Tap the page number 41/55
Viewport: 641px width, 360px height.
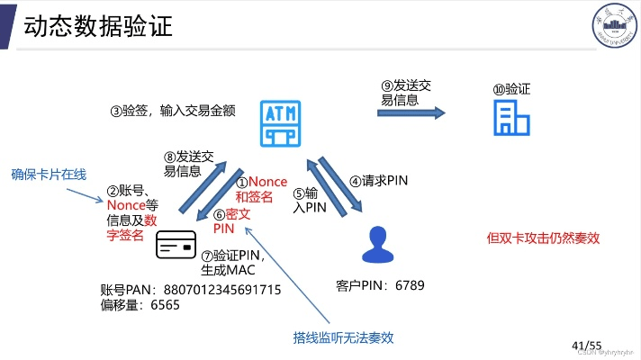586,345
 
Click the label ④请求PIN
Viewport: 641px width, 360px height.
379,180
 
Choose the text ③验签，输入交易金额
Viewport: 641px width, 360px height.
173,111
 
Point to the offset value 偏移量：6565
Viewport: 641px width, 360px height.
140,305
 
